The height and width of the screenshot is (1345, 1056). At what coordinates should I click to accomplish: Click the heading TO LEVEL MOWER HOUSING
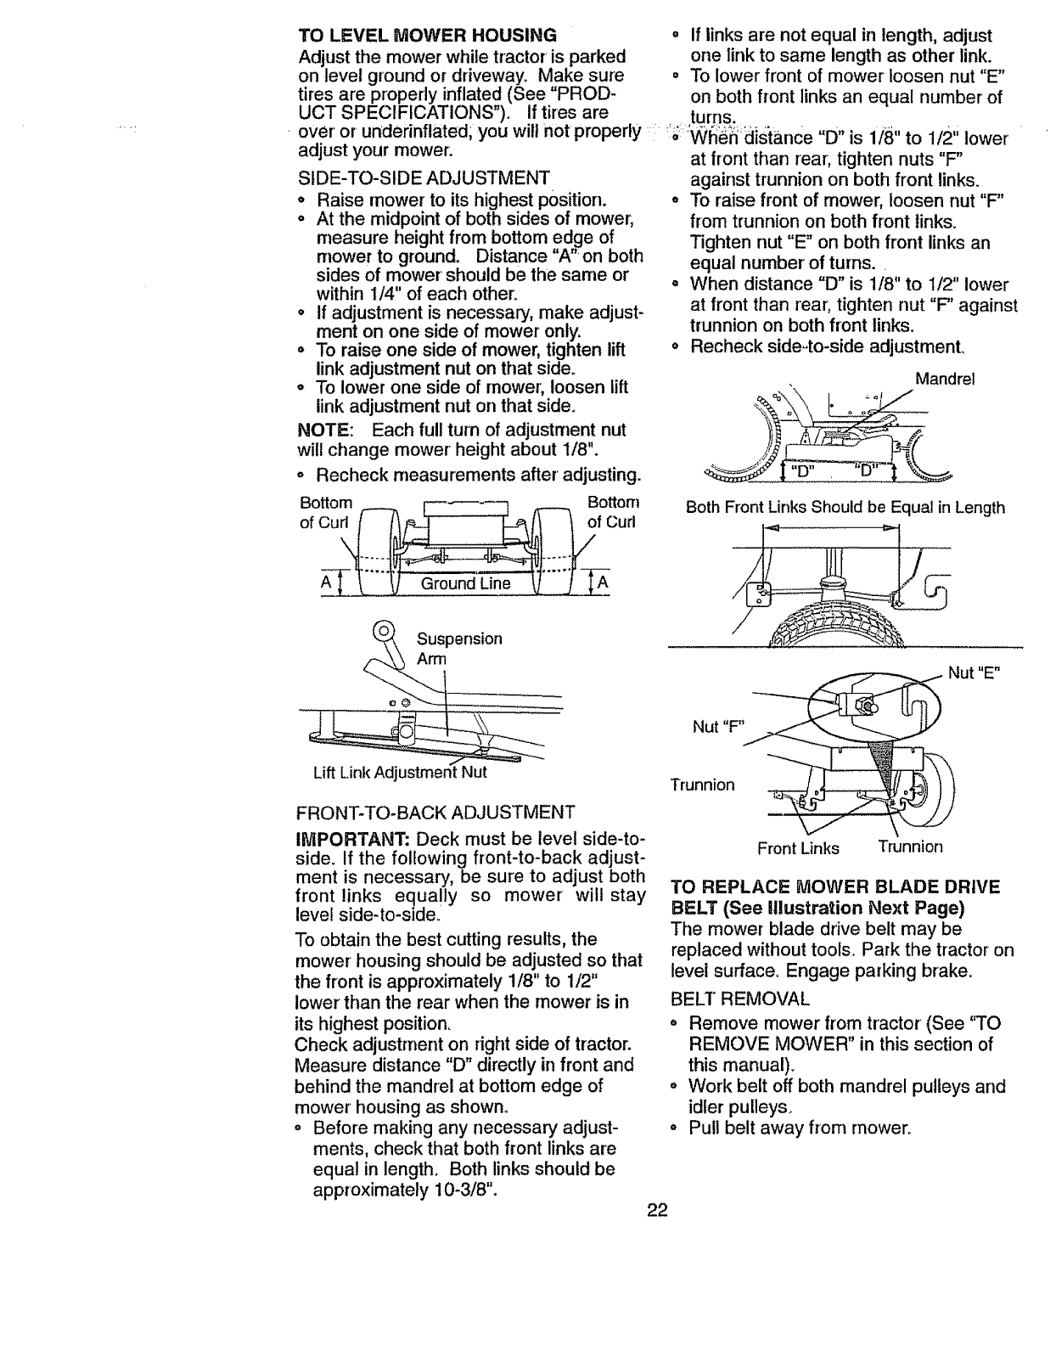pyautogui.click(x=427, y=35)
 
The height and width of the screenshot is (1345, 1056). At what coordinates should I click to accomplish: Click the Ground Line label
pyautogui.click(x=469, y=583)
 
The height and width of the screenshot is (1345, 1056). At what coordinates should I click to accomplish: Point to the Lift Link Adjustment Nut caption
pyautogui.click(x=400, y=773)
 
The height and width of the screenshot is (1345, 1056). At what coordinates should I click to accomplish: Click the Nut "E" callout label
pyautogui.click(x=975, y=673)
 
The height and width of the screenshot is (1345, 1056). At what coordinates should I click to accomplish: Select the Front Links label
pyautogui.click(x=798, y=847)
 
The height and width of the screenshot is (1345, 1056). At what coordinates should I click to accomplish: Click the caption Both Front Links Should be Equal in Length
pyautogui.click(x=845, y=508)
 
